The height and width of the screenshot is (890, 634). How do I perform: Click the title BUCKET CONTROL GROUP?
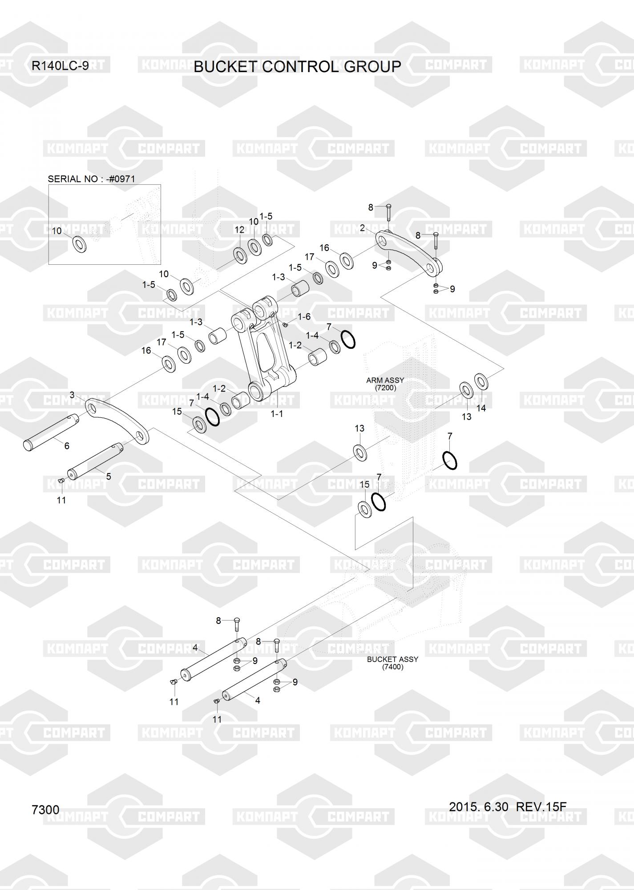tap(297, 67)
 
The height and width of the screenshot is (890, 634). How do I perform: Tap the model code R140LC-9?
tap(60, 66)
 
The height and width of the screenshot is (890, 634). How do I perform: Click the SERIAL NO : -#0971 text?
tap(91, 179)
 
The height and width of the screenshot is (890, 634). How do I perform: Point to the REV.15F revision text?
tap(541, 806)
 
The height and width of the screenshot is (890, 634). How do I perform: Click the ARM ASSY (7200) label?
tap(385, 384)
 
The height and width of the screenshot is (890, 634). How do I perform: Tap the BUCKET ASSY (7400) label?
tap(392, 663)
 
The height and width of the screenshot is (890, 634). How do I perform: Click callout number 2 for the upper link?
tap(363, 228)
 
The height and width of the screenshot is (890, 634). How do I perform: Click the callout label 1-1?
tap(277, 413)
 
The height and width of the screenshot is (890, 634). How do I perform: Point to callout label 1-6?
tap(304, 316)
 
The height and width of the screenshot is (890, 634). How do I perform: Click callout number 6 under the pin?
tap(67, 445)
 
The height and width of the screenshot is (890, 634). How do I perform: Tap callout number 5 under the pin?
tap(108, 477)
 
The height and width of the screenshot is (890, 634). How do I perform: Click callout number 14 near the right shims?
tap(481, 408)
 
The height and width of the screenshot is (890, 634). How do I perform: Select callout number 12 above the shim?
tap(239, 230)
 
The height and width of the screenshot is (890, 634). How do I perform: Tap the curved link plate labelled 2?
tap(409, 252)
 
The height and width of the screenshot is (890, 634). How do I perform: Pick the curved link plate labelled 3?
tap(117, 421)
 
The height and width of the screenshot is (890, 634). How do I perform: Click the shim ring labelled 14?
tap(481, 381)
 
